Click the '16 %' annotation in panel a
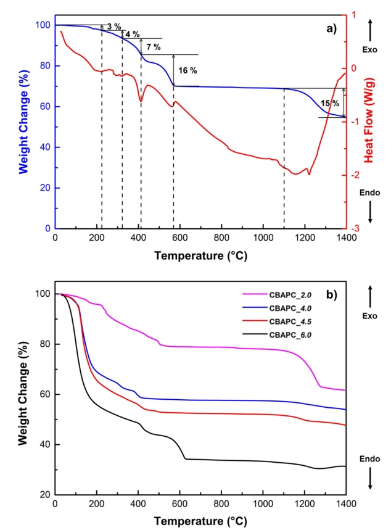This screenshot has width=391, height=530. pyautogui.click(x=187, y=70)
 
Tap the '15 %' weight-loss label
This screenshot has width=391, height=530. pyautogui.click(x=330, y=102)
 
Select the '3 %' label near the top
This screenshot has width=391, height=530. pyautogui.click(x=113, y=27)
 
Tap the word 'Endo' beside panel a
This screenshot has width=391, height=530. pyautogui.click(x=370, y=192)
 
